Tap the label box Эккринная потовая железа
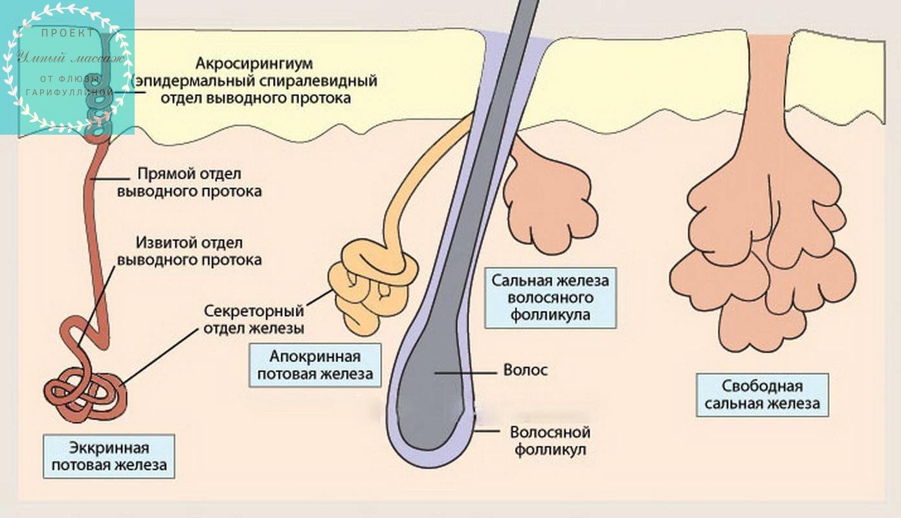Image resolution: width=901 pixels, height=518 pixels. pyautogui.click(x=109, y=456)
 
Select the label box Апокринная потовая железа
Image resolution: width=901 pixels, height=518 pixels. pyautogui.click(x=315, y=365)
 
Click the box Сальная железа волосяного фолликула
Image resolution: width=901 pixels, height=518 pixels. pyautogui.click(x=550, y=298)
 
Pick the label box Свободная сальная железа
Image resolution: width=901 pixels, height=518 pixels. pyautogui.click(x=762, y=395)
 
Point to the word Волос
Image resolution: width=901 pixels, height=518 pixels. pyautogui.click(x=525, y=370)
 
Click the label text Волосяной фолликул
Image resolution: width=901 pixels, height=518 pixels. pyautogui.click(x=550, y=440)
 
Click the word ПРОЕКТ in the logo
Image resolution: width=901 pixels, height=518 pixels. pyautogui.click(x=67, y=33)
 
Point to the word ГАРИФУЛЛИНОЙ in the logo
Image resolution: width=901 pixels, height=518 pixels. pyautogui.click(x=70, y=93)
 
